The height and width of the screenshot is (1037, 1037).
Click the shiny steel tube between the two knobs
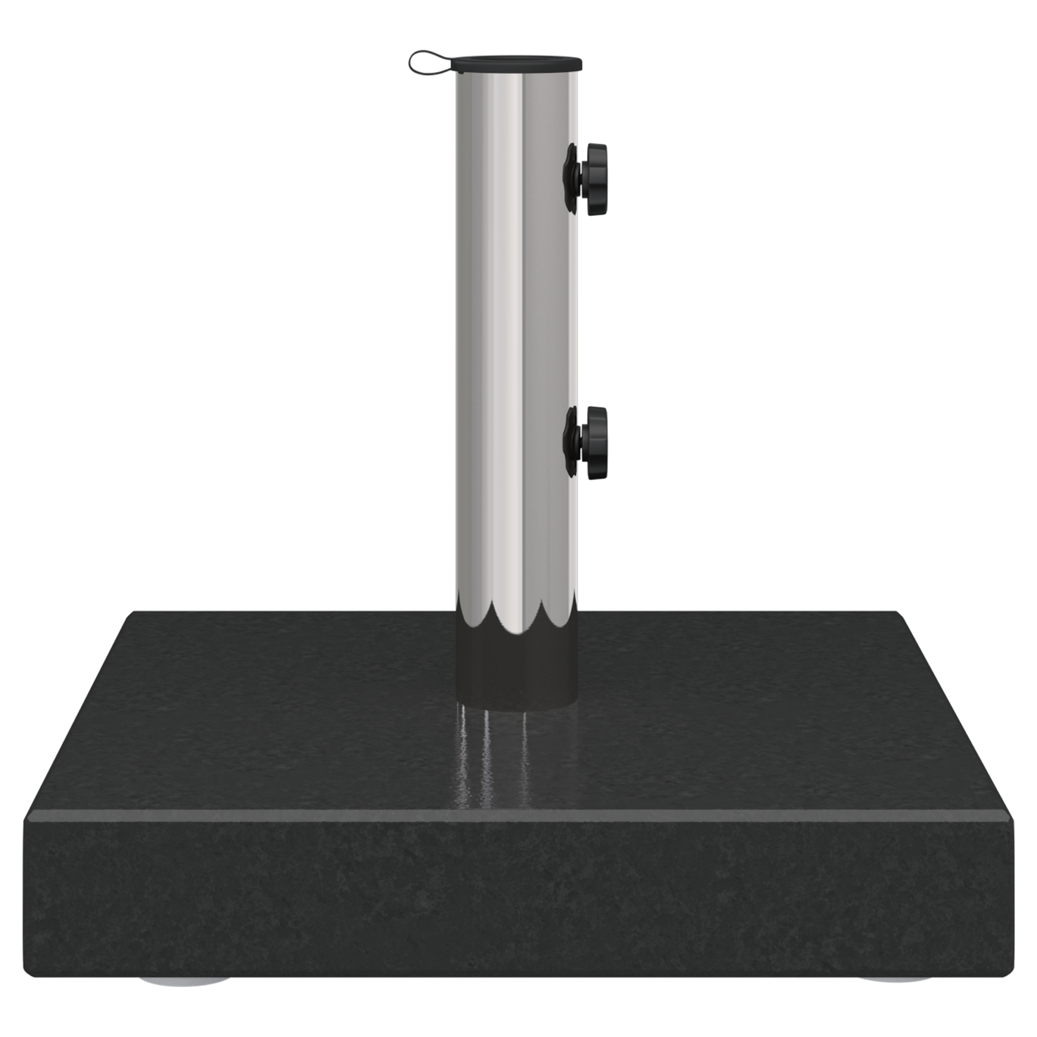[x=512, y=311]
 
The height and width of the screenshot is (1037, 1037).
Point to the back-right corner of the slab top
[x=898, y=612]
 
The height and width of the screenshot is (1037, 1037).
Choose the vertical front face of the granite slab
[x=518, y=907]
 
